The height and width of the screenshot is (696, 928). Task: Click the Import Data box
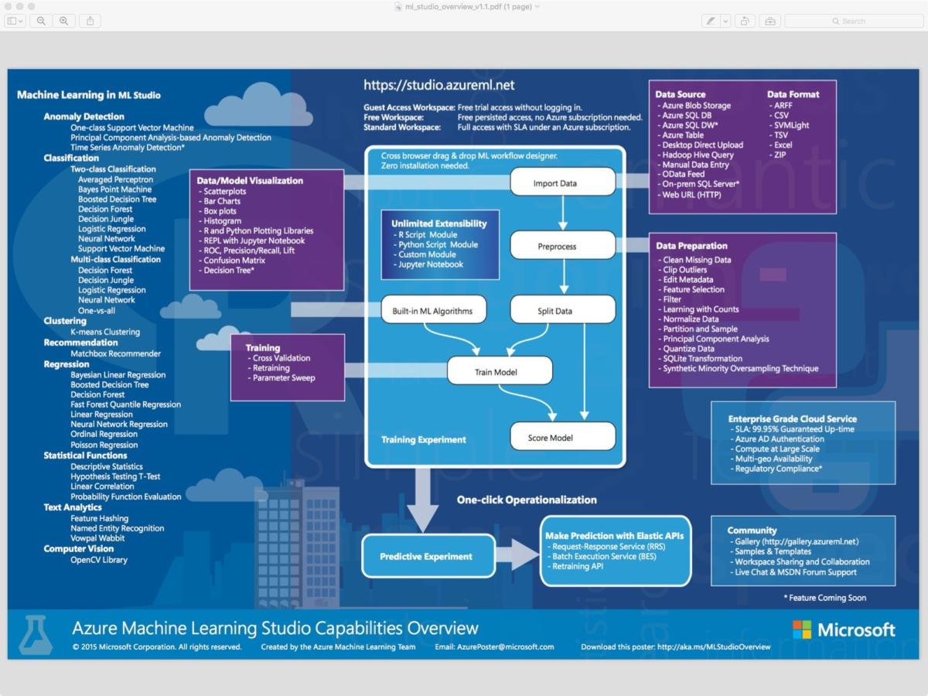tap(563, 182)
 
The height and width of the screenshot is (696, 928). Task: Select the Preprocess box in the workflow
tap(563, 245)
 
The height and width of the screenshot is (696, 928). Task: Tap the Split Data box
tap(563, 309)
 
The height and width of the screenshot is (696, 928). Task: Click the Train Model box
tap(500, 370)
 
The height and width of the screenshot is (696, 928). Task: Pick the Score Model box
tap(563, 436)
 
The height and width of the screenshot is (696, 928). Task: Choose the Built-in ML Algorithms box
tap(434, 309)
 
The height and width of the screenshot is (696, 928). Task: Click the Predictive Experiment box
tap(428, 556)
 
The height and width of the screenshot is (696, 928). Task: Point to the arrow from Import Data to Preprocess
tap(563, 213)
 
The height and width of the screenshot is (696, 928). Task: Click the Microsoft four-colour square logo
tap(802, 629)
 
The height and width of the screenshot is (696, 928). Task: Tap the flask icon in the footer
tap(36, 635)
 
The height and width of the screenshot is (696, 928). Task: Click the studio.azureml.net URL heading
tap(438, 85)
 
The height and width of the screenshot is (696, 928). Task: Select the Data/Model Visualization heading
tap(250, 180)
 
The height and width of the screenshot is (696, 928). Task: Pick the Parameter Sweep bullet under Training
tap(281, 378)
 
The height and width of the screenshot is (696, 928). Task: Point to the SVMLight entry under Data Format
tap(789, 125)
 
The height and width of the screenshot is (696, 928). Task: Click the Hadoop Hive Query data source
tap(695, 155)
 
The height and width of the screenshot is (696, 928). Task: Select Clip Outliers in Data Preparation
tap(682, 270)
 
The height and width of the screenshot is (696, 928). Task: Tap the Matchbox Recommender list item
tap(115, 353)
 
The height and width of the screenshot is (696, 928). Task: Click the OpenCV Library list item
tap(99, 559)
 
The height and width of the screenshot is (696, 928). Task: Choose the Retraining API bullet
tap(575, 566)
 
